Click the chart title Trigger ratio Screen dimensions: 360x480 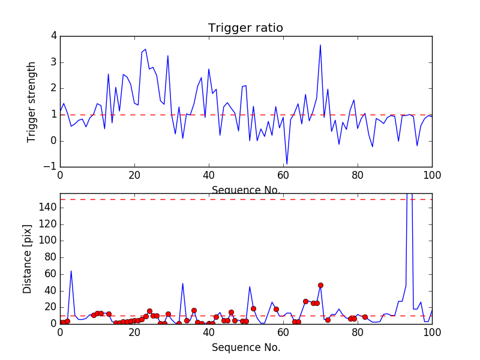pyautogui.click(x=245, y=28)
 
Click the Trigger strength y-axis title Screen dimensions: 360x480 pyautogui.click(x=32, y=101)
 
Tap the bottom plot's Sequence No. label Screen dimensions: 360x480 pyautogui.click(x=246, y=347)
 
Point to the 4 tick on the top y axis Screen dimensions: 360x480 pyautogui.click(x=53, y=36)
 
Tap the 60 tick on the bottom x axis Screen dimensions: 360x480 pyautogui.click(x=283, y=332)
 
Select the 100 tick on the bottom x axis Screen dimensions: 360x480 pyautogui.click(x=432, y=332)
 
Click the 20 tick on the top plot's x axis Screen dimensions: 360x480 pyautogui.click(x=134, y=176)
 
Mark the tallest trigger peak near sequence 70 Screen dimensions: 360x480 pyautogui.click(x=320, y=45)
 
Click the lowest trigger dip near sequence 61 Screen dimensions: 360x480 pyautogui.click(x=287, y=164)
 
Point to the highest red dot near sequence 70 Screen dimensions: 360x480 pyautogui.click(x=320, y=285)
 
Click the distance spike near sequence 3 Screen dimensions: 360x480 pyautogui.click(x=71, y=271)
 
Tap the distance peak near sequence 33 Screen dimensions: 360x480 pyautogui.click(x=183, y=283)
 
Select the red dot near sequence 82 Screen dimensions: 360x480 pyautogui.click(x=365, y=317)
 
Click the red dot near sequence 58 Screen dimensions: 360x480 pyautogui.click(x=276, y=309)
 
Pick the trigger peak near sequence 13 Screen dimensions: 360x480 pyautogui.click(x=109, y=74)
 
